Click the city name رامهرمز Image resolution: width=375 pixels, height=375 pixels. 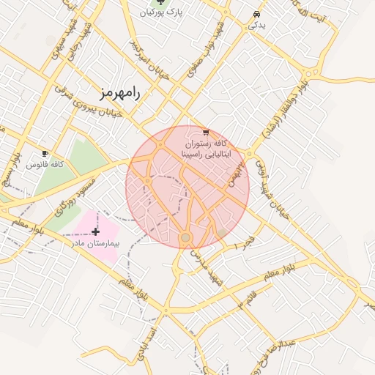pyautogui.click(x=122, y=93)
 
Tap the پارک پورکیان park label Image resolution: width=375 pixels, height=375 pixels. pyautogui.click(x=163, y=12)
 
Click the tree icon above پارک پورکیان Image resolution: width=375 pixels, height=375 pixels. pyautogui.click(x=161, y=2)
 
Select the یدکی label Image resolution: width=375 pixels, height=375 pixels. pyautogui.click(x=257, y=25)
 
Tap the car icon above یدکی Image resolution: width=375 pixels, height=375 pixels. pyautogui.click(x=256, y=14)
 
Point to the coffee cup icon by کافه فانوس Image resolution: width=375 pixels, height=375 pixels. pyautogui.click(x=45, y=154)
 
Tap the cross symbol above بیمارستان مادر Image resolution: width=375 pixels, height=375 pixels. pyautogui.click(x=95, y=231)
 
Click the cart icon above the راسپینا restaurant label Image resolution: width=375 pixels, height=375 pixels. pyautogui.click(x=205, y=133)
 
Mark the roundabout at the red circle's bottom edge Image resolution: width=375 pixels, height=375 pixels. pyautogui.click(x=185, y=237)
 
